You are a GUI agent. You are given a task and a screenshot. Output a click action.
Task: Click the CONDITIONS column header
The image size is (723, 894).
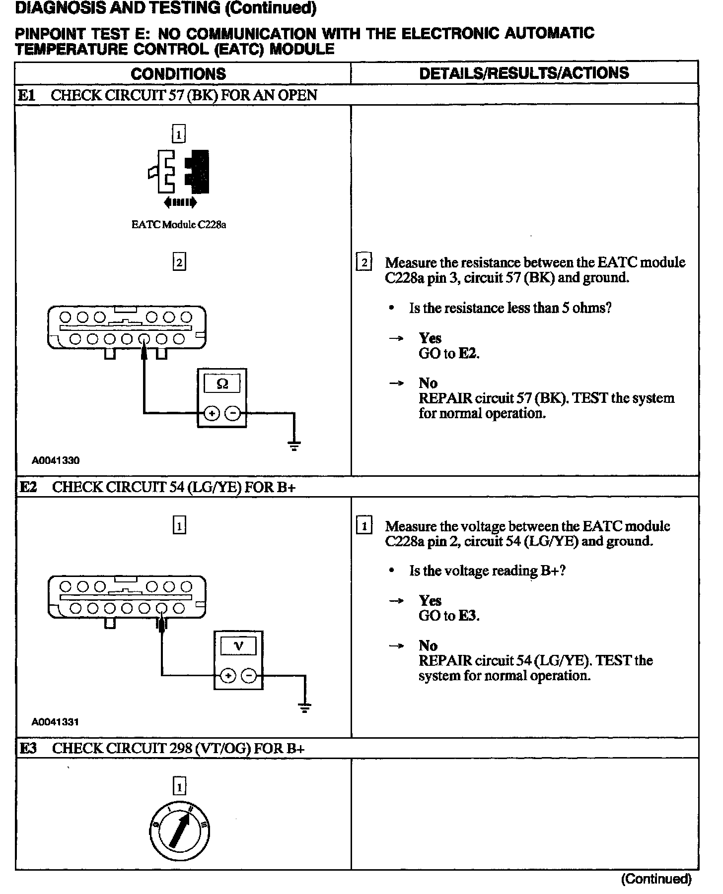pyautogui.click(x=178, y=74)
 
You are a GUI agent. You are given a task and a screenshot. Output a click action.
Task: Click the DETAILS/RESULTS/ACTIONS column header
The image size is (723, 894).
pyautogui.click(x=524, y=73)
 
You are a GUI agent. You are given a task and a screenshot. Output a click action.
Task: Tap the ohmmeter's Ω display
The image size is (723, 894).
pyautogui.click(x=222, y=383)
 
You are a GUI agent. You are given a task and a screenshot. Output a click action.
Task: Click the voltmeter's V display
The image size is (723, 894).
pyautogui.click(x=238, y=646)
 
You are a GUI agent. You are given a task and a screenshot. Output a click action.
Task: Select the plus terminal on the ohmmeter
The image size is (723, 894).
pyautogui.click(x=212, y=413)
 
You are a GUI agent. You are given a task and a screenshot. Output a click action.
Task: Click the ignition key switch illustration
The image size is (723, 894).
pyautogui.click(x=179, y=830)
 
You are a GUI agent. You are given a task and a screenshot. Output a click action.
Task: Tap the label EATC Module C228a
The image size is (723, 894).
pyautogui.click(x=179, y=225)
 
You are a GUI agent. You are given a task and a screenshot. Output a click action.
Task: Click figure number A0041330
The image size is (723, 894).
pyautogui.click(x=56, y=460)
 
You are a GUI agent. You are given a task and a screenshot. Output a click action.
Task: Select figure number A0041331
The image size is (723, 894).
pyautogui.click(x=55, y=722)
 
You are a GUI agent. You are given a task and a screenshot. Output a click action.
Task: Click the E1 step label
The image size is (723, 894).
pyautogui.click(x=27, y=95)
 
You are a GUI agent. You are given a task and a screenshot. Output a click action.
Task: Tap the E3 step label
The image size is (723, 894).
pyautogui.click(x=28, y=749)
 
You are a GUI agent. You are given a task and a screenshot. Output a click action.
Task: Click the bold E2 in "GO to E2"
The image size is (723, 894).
pyautogui.click(x=468, y=354)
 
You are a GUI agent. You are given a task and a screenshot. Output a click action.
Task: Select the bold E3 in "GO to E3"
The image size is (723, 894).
pyautogui.click(x=468, y=616)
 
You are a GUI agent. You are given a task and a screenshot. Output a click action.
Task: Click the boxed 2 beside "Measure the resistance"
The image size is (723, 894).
pyautogui.click(x=364, y=262)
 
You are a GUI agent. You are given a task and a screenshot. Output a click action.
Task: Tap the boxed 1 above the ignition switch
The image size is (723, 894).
pyautogui.click(x=179, y=787)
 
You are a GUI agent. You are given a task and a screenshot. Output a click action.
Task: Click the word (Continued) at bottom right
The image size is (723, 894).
pyautogui.click(x=656, y=880)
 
